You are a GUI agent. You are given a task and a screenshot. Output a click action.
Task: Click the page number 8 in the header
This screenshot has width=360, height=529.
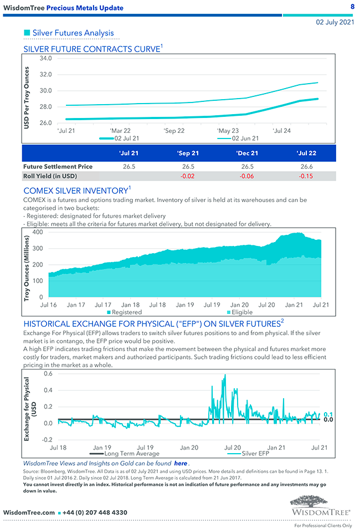[352, 6]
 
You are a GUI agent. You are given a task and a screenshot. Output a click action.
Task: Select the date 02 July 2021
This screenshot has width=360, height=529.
[335, 23]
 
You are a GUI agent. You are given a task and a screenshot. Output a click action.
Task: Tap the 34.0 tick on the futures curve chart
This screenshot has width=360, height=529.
[47, 58]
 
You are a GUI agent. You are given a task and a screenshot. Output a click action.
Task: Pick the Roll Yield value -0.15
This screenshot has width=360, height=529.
[306, 176]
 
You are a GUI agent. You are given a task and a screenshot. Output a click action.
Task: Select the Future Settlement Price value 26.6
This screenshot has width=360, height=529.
[306, 166]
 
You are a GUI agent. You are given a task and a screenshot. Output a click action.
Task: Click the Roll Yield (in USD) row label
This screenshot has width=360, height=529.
[50, 176]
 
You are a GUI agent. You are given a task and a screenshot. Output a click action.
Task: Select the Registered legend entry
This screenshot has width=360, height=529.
[126, 312]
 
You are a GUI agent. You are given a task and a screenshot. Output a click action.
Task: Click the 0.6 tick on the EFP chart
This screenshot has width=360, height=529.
[48, 373]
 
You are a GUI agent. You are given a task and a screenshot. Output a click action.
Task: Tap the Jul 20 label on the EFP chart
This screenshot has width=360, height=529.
[233, 447]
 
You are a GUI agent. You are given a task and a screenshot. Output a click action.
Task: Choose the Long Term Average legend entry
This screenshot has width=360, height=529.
[131, 454]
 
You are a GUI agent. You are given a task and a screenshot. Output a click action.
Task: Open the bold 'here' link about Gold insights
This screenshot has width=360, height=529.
[181, 463]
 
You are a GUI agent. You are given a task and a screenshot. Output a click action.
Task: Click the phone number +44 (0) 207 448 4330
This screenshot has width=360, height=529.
[95, 512]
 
